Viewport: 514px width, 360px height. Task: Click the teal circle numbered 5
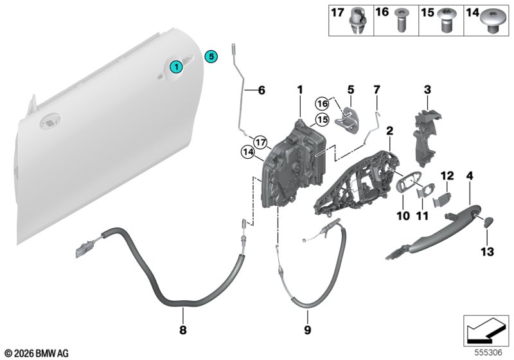(x=211, y=57)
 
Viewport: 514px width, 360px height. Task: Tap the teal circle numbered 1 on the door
(x=176, y=67)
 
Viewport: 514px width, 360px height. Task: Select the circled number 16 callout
(x=323, y=104)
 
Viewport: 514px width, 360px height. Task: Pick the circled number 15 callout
(x=323, y=120)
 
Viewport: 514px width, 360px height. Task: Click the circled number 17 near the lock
(x=261, y=143)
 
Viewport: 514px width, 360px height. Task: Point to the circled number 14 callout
(x=248, y=152)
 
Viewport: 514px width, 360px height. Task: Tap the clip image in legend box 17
(x=358, y=21)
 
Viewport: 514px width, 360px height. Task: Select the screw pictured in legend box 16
(x=400, y=21)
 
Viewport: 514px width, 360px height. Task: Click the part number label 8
(x=183, y=330)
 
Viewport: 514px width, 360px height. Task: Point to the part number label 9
(x=307, y=330)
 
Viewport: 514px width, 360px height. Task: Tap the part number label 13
(x=487, y=252)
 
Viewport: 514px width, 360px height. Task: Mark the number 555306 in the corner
(x=488, y=353)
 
